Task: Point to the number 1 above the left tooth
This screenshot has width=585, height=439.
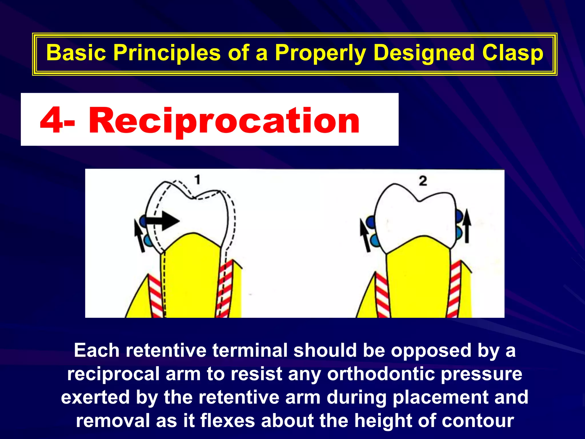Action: pos(197,180)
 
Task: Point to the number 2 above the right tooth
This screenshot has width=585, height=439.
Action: pos(423,181)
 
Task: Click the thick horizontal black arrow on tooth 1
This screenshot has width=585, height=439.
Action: pos(163,221)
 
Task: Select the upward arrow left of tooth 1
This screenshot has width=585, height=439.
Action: pos(139,236)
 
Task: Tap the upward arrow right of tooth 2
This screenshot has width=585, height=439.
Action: pos(467,226)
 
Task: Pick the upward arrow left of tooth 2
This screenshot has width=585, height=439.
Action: pos(365,236)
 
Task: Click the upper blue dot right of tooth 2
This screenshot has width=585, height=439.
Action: pos(459,216)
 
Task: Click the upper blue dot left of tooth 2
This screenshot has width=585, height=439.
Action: pos(370,222)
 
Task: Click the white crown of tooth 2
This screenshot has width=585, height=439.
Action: pos(414,217)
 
